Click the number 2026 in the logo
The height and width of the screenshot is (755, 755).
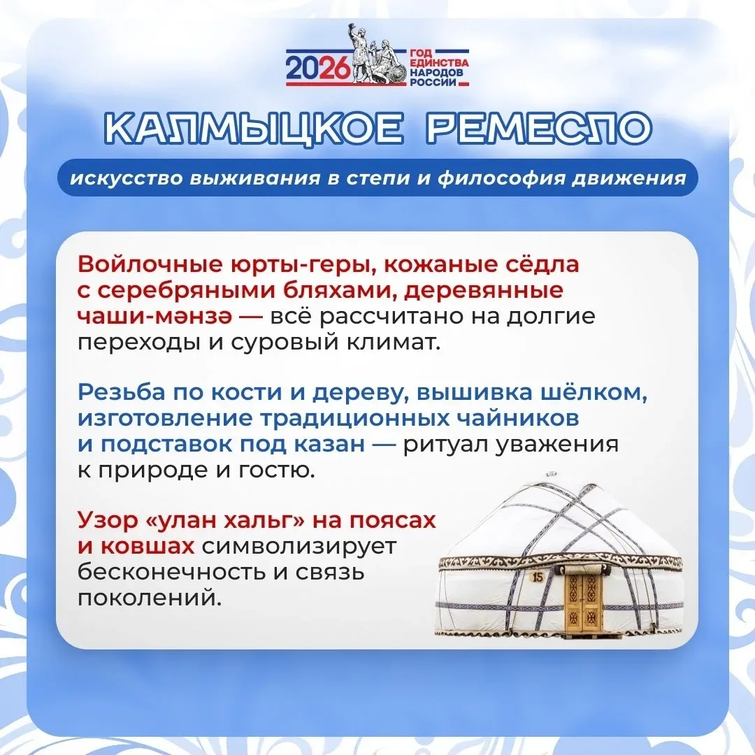coord(317,67)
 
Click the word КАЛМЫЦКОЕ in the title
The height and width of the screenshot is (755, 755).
coord(254,128)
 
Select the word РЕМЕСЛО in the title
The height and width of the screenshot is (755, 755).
coord(539,128)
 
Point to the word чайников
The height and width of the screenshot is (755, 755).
coord(517,419)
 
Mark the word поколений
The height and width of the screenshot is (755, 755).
coord(150,598)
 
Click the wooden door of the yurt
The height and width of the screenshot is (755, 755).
coord(583,603)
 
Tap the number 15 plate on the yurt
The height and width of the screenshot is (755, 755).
coord(538,577)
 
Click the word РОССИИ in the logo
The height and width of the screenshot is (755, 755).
coord(433,82)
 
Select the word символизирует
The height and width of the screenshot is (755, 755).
coord(299,547)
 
